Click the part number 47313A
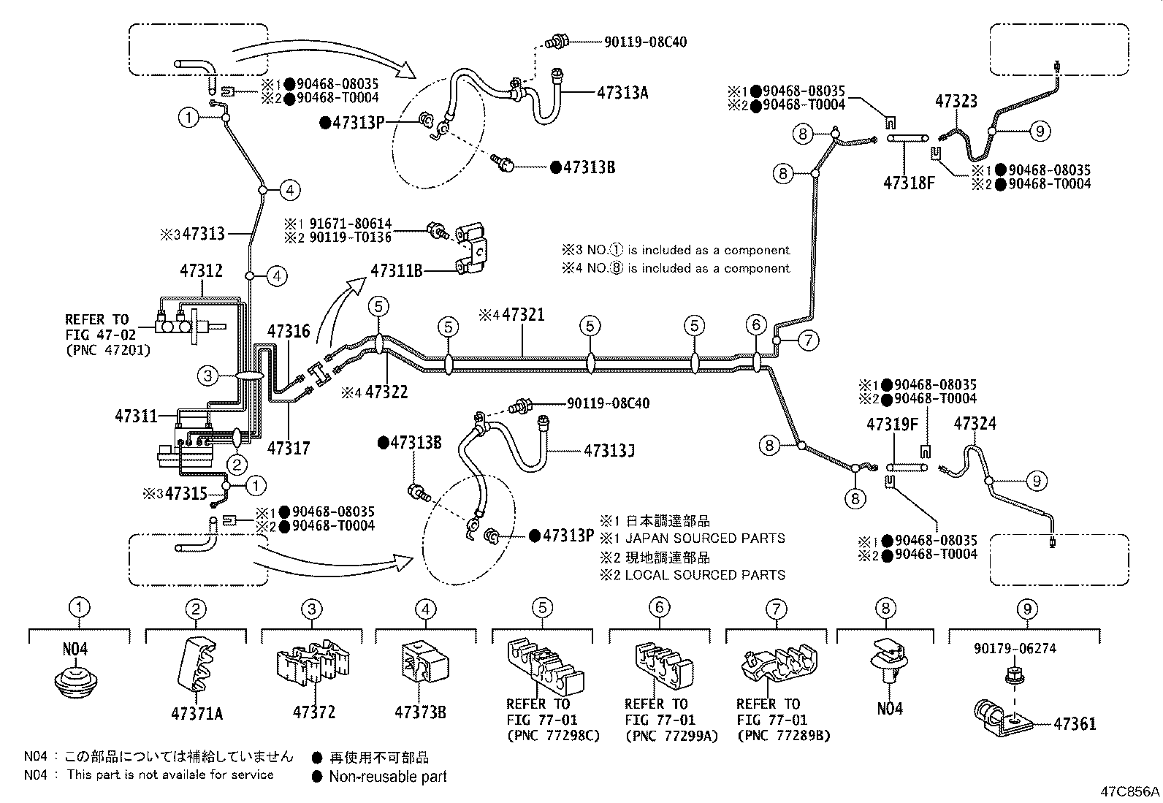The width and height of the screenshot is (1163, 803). coord(622,93)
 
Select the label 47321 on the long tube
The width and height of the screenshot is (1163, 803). coord(523,316)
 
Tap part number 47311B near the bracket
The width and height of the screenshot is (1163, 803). coord(397,271)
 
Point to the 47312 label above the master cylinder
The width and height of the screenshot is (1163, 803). coord(201,271)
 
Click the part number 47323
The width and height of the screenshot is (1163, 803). coord(956,101)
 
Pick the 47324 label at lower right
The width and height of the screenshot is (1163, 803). coord(975,424)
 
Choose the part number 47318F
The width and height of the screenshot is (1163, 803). coord(909,182)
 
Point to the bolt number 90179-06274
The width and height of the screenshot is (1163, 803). coord(1014,648)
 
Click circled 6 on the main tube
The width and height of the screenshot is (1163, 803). coord(756,324)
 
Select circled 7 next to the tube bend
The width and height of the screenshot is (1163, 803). coord(808,340)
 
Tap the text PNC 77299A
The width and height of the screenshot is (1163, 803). coord(671,736)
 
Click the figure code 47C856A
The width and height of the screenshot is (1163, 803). coord(1130,792)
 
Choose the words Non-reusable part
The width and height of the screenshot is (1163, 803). coord(387,777)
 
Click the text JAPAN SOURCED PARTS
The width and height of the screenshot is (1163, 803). coord(704,538)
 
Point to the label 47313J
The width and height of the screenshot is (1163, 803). coord(609,451)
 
